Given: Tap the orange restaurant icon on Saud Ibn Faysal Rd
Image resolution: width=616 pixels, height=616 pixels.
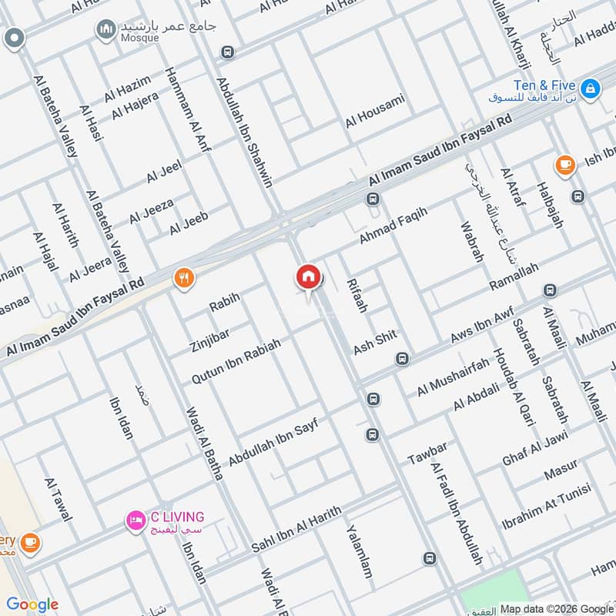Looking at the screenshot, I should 183,277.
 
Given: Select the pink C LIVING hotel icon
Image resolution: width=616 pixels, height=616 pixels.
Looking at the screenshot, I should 136,521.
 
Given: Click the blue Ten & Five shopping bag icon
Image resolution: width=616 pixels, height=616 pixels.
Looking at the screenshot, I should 590,89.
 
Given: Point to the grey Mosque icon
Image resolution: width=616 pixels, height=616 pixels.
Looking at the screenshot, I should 105,30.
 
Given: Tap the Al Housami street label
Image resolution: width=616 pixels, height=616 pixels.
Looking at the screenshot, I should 374,111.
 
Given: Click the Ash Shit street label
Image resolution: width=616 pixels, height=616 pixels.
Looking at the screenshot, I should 375,340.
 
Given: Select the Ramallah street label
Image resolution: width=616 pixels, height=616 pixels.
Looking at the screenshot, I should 514,276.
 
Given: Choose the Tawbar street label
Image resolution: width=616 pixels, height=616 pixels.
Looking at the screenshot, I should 427,451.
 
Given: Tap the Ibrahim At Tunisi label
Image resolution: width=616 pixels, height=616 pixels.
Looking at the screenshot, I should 546,506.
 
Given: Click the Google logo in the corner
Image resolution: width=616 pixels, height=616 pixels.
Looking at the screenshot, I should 32,604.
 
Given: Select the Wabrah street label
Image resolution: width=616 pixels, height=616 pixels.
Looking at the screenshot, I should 471,243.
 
